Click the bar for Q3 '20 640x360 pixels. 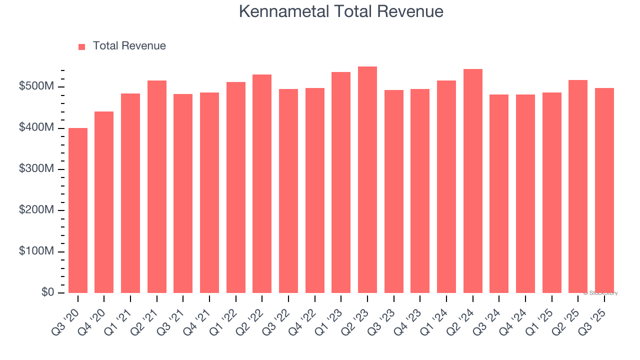click(x=78, y=210)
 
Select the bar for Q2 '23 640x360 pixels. click(x=367, y=180)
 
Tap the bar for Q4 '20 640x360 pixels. click(x=104, y=202)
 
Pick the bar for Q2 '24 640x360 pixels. click(x=473, y=181)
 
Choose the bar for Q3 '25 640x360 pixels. click(x=604, y=190)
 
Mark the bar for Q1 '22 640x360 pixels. click(x=236, y=187)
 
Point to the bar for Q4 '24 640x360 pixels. click(x=525, y=194)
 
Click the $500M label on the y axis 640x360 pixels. click(x=36, y=87)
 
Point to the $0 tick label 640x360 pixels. click(x=48, y=292)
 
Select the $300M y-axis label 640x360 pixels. click(x=36, y=169)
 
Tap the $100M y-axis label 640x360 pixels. click(x=36, y=251)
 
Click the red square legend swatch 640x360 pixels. click(x=82, y=46)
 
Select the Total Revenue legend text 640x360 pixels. click(x=129, y=46)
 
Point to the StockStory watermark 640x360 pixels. click(x=600, y=293)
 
